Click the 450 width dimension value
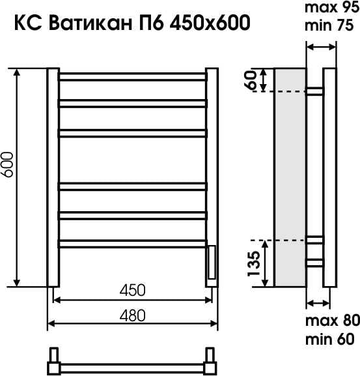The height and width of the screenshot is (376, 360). click(x=132, y=289)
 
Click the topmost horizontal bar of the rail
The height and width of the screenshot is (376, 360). click(x=133, y=77)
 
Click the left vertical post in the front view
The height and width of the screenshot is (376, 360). click(x=53, y=177)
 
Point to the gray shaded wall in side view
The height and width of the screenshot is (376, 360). click(x=290, y=176)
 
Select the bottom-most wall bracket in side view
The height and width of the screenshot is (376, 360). click(x=315, y=263)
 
